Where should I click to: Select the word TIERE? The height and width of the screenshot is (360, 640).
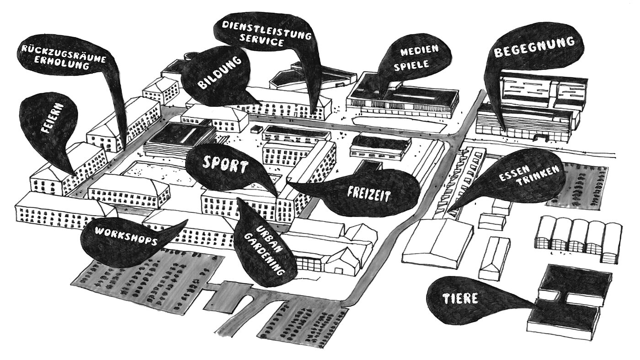[460, 298]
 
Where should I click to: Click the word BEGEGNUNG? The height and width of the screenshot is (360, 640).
[534, 47]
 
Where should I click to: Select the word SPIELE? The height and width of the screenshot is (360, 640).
[415, 64]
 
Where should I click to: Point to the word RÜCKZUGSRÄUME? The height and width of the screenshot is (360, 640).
[64, 55]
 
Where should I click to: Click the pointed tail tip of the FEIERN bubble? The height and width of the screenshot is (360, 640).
[74, 174]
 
